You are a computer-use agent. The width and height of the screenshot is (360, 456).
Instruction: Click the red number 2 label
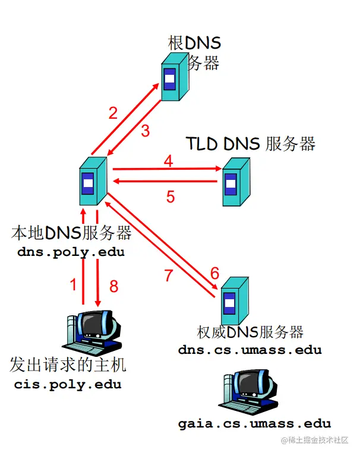(x=113, y=113)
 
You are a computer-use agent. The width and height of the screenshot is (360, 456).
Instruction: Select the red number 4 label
(x=169, y=161)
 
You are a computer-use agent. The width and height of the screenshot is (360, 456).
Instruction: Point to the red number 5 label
(x=170, y=197)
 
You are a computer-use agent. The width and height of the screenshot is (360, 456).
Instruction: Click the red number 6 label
(x=214, y=273)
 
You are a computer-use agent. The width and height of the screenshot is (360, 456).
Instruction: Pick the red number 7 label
(x=170, y=275)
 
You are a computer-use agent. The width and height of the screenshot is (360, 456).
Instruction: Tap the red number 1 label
(x=74, y=285)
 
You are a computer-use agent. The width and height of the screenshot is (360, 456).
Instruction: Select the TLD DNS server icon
(x=236, y=182)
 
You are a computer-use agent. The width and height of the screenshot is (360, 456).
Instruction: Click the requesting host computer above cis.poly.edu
(x=92, y=332)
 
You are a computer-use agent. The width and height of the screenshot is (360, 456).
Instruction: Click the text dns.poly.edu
(x=71, y=252)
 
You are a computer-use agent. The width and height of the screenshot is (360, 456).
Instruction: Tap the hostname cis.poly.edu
(x=68, y=384)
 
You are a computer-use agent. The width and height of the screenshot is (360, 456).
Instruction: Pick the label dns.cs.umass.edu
(x=250, y=350)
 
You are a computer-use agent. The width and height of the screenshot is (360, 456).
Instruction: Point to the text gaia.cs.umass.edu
(x=254, y=423)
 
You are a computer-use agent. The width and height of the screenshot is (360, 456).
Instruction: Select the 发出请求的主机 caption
(x=68, y=364)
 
